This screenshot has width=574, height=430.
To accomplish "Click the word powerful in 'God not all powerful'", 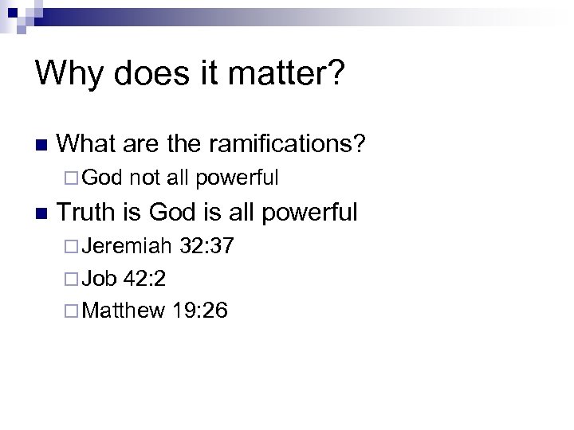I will (238, 178).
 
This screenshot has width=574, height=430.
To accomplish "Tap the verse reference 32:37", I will (206, 246).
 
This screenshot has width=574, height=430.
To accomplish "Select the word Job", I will (100, 278).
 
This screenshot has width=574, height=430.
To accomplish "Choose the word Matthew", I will (124, 310).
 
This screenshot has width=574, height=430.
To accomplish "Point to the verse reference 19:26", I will (199, 310).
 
